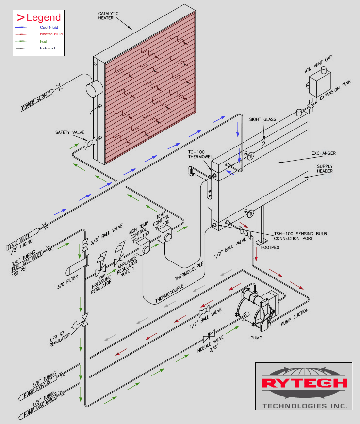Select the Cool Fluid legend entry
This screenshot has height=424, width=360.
pyautogui.click(x=49, y=28)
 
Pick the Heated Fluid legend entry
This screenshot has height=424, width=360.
pyautogui.click(x=51, y=34)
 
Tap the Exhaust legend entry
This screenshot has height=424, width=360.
pyautogui.click(x=48, y=49)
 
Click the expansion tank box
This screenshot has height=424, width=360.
pyautogui.click(x=320, y=80)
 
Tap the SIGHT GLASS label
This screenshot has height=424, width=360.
pyautogui.click(x=262, y=119)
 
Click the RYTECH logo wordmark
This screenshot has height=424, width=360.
pyautogui.click(x=305, y=383)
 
